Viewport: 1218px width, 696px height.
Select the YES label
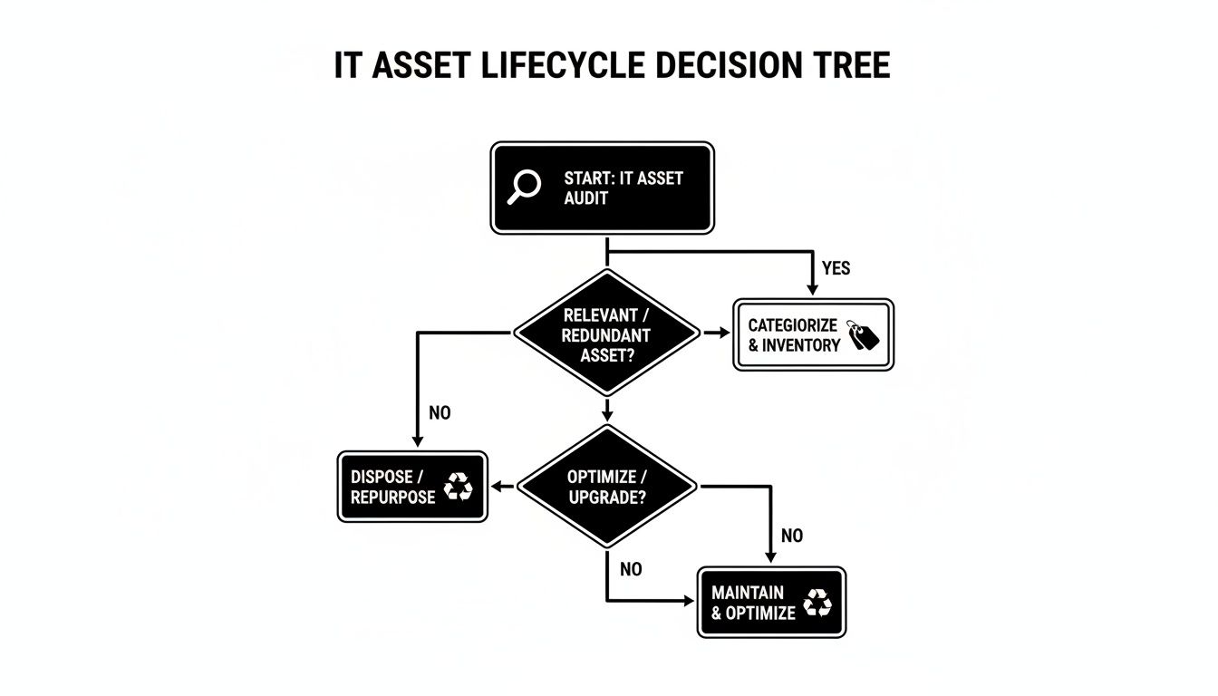click(836, 268)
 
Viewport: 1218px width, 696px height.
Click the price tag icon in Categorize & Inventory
click(863, 334)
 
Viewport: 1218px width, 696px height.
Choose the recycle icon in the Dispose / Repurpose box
click(459, 487)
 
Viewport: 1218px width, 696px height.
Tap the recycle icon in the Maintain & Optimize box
click(817, 603)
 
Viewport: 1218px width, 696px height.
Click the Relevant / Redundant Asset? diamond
click(606, 333)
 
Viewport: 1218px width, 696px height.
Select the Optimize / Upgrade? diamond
click(606, 487)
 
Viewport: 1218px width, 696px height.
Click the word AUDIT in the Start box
click(586, 198)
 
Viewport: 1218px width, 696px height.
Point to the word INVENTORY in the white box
click(801, 345)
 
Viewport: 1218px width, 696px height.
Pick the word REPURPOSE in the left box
click(393, 498)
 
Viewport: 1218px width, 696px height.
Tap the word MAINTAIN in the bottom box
click(747, 593)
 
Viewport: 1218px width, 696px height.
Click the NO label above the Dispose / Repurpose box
click(440, 413)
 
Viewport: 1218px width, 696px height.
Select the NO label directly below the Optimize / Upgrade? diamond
click(631, 569)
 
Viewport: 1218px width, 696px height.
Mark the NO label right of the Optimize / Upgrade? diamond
click(791, 536)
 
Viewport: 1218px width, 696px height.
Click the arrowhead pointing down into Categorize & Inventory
click(812, 289)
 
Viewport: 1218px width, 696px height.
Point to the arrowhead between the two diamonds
click(606, 415)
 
